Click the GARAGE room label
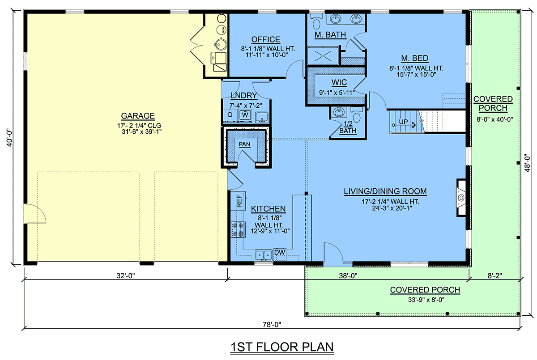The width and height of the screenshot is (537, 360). coord(138,116)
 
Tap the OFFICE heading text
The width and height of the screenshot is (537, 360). coord(266,39)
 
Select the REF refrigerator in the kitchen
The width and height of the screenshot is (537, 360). coord(238,201)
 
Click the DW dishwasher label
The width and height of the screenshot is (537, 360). coord(280,252)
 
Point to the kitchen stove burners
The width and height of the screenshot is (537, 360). coord(238,229)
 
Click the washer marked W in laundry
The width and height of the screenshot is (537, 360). coord(245,115)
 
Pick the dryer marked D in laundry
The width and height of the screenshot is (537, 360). coord(230,115)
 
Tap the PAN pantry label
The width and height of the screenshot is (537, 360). coord(244,144)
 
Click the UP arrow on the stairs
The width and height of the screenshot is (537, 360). coord(404,125)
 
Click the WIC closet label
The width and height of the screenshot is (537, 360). coord(339,83)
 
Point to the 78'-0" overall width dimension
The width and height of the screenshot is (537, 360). coord(272,325)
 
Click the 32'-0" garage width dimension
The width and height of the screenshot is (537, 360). coord(126,275)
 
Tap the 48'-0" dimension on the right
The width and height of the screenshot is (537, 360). coord(527,163)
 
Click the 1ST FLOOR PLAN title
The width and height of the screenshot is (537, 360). coord(282,347)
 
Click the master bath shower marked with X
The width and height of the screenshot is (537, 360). coord(323,56)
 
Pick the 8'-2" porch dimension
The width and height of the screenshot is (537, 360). coord(495,275)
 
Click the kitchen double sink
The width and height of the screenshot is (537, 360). coord(264,255)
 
